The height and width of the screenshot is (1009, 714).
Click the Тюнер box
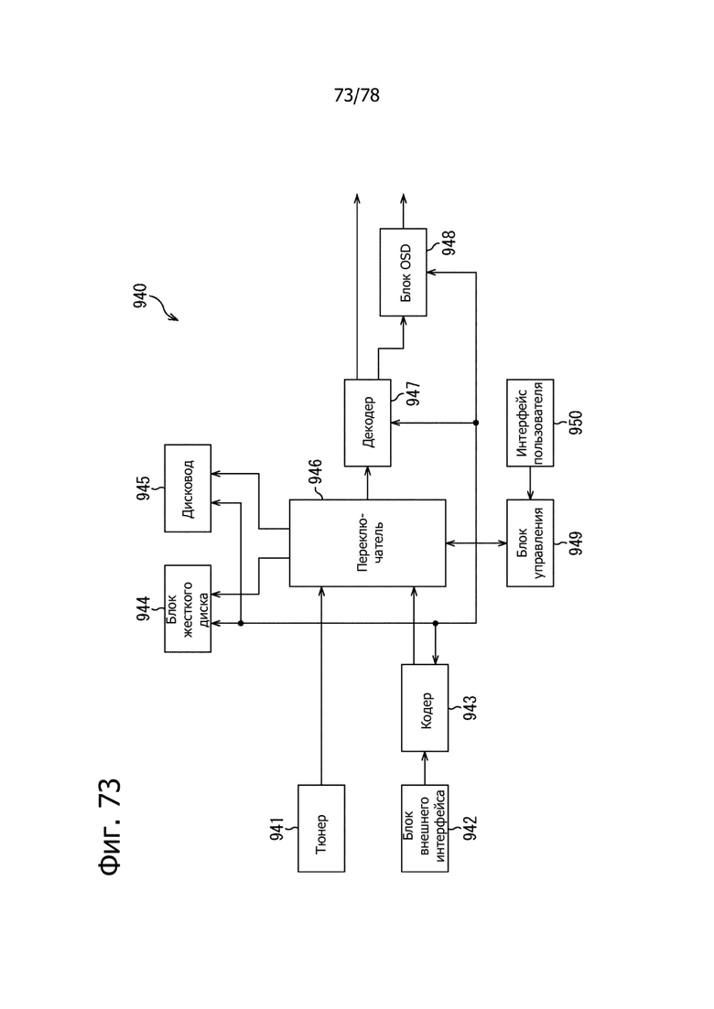pyautogui.click(x=321, y=828)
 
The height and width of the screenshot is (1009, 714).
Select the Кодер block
pyautogui.click(x=425, y=708)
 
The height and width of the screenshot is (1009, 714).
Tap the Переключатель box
pyautogui.click(x=368, y=543)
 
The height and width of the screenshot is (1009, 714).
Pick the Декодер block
pyautogui.click(x=368, y=423)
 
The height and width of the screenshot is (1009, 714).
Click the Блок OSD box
pyautogui.click(x=403, y=273)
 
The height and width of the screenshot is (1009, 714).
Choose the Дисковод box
pyautogui.click(x=188, y=488)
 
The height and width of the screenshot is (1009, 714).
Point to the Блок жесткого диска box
pyautogui.click(x=188, y=608)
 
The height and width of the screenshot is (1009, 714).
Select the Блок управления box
pyautogui.click(x=530, y=543)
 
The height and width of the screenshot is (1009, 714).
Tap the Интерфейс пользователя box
pyautogui.click(x=530, y=423)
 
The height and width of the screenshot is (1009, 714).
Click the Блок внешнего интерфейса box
pyautogui.click(x=425, y=828)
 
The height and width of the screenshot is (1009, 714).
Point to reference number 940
pyautogui.click(x=140, y=296)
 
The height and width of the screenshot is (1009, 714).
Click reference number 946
pyautogui.click(x=316, y=472)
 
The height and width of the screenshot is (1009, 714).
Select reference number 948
pyautogui.click(x=449, y=242)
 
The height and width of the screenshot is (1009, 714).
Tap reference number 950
pyautogui.click(x=576, y=423)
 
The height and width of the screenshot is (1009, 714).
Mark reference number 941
pyautogui.click(x=276, y=829)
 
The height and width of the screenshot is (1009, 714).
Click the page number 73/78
pyautogui.click(x=357, y=95)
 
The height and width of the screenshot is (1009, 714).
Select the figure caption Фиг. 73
pyautogui.click(x=110, y=827)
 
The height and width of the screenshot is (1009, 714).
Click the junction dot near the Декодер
pyautogui.click(x=476, y=423)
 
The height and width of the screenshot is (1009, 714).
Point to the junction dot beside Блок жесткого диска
pyautogui.click(x=240, y=623)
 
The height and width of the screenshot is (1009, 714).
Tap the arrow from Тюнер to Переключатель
pyautogui.click(x=321, y=686)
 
